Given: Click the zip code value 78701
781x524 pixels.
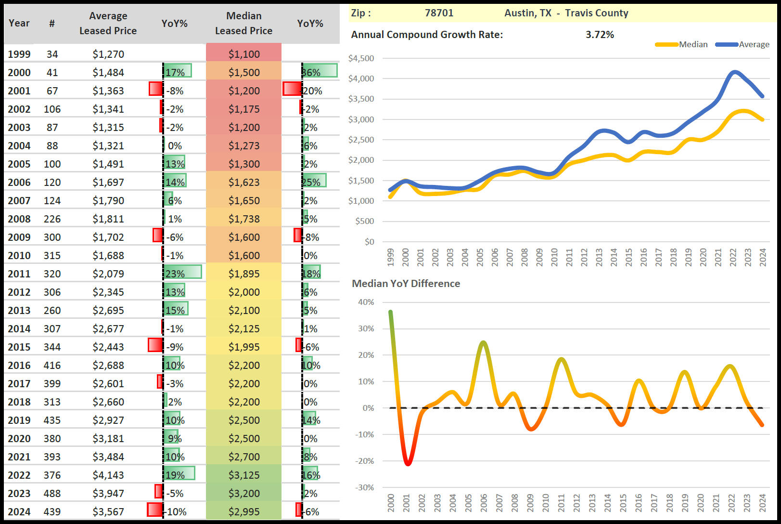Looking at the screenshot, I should coord(439,13).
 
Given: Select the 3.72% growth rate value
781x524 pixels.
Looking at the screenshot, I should coord(600,35).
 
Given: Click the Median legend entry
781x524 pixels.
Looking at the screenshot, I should coord(693,44).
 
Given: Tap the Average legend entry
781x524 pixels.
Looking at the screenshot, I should coord(754,44).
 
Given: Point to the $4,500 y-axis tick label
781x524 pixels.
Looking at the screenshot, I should coord(361,58).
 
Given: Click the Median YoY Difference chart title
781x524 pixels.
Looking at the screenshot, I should coord(406,284).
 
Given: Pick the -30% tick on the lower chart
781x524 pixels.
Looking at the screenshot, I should coord(364,487).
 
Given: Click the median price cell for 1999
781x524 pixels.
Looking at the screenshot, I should coord(244,54).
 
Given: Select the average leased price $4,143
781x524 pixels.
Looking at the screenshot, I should coord(108,475).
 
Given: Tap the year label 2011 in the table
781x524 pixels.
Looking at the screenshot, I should coord(19,274).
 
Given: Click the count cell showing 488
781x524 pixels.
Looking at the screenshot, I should coord(52,494).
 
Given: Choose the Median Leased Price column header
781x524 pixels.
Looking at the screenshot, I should coord(243,23).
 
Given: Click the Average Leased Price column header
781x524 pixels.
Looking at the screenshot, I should coord(108,23).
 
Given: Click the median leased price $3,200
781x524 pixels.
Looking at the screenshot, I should coord(244,494).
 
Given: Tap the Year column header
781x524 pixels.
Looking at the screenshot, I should coord(19,23).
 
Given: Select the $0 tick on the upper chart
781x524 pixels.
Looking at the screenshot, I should coord(369,242).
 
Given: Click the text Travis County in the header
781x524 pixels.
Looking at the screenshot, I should coord(597,13).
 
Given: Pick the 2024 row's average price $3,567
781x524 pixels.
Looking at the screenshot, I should coord(108,512).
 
